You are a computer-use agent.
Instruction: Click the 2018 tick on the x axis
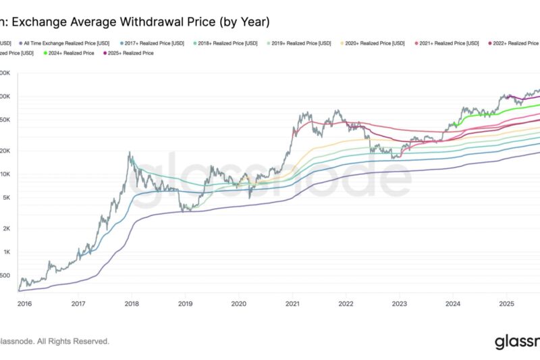[x=132, y=305]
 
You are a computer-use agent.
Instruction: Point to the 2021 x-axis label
[x=292, y=305]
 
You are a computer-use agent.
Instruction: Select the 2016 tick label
[x=25, y=305]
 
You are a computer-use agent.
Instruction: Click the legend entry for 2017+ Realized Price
[x=154, y=43]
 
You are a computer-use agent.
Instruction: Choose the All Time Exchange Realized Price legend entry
[x=64, y=43]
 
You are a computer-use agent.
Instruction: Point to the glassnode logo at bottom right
[x=516, y=342]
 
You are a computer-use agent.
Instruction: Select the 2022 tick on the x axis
[x=346, y=305]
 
